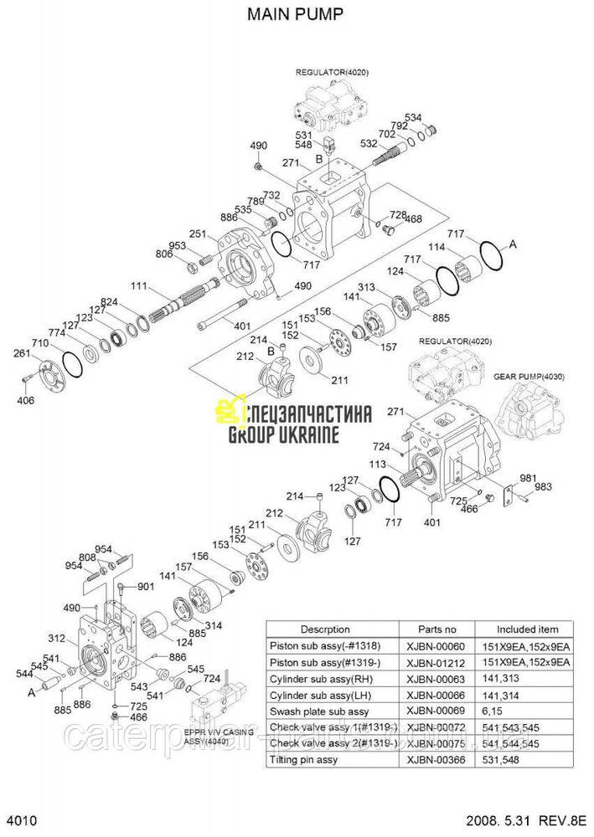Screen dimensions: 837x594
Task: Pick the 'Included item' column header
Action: tap(527, 629)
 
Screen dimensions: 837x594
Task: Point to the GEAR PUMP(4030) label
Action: tap(529, 377)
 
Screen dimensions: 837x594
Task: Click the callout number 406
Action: tap(26, 401)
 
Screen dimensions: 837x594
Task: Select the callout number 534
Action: tap(436, 117)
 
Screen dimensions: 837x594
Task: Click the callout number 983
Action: tap(543, 487)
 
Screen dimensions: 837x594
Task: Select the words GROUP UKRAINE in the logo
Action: tap(283, 434)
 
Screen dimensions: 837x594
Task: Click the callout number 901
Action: tap(146, 587)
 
